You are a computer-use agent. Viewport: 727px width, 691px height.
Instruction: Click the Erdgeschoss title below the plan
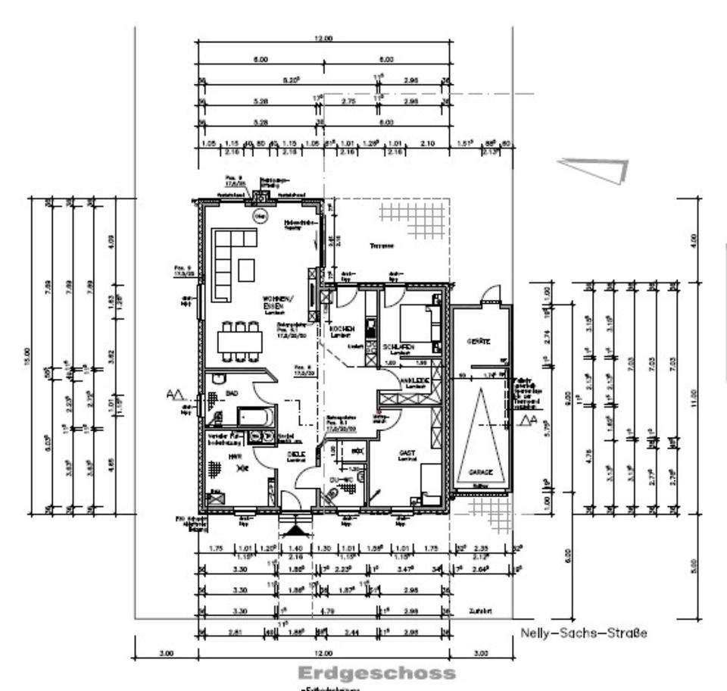pos(377,673)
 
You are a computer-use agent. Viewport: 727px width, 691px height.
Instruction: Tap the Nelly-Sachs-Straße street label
pos(584,633)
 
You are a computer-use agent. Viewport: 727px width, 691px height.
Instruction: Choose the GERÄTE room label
pos(479,341)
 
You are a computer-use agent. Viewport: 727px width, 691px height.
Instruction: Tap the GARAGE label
pos(479,471)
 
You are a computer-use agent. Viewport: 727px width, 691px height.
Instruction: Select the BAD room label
pos(232,393)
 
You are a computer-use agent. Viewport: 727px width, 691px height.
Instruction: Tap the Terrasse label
pos(382,246)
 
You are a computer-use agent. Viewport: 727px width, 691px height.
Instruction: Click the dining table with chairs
pos(239,342)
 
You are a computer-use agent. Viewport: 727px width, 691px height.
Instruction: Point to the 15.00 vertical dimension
pos(29,352)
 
